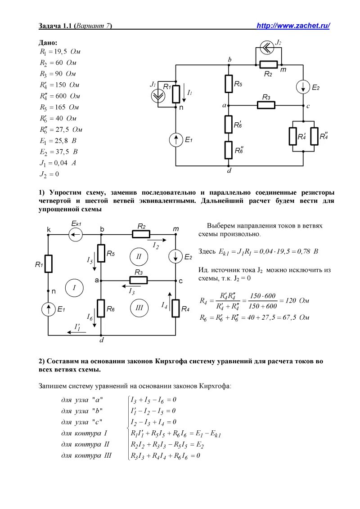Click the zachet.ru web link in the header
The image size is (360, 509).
293,26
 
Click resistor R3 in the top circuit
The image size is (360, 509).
266,105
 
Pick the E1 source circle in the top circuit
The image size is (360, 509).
176,140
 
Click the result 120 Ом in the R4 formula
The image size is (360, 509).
296,301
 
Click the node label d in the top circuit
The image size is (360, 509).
229,170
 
